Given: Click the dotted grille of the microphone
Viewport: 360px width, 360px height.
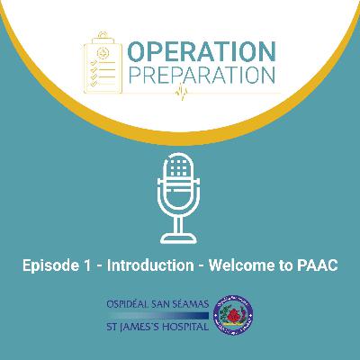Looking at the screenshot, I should [x=180, y=172].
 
